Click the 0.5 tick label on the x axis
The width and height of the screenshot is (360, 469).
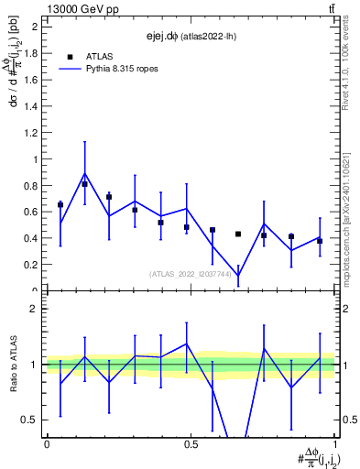[191, 443]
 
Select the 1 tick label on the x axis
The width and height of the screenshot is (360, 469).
[334, 443]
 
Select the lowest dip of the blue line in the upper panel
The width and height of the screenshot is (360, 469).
[238, 275]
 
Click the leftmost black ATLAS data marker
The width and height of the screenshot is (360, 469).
[60, 204]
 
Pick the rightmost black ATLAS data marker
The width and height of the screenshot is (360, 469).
[320, 241]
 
